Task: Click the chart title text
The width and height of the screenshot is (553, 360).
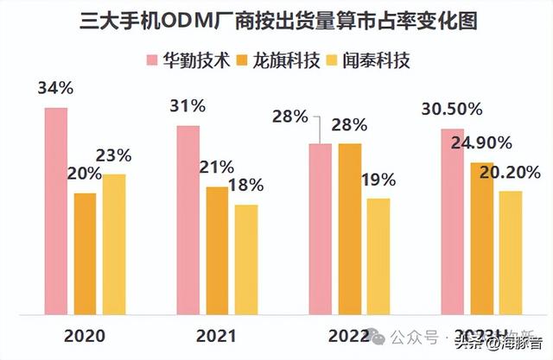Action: (x=276, y=22)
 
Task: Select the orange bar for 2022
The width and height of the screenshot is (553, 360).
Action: (x=350, y=224)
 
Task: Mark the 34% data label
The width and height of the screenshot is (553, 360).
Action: (x=54, y=88)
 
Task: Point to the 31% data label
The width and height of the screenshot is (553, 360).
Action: (x=188, y=106)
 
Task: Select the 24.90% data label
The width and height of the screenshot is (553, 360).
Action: (x=480, y=142)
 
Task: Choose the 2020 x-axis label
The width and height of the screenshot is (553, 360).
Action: (x=85, y=334)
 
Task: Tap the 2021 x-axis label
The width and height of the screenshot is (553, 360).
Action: (x=217, y=334)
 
